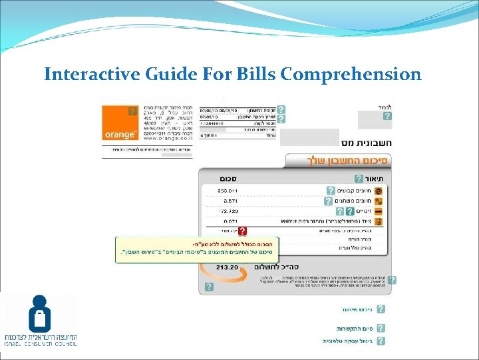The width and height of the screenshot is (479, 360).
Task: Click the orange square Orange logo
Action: pyautogui.click(x=120, y=123)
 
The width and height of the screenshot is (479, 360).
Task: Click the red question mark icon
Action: pyautogui.click(x=243, y=231)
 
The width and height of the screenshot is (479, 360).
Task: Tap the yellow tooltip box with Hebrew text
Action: pyautogui.click(x=197, y=249)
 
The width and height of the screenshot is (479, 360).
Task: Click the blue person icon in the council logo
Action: pyautogui.click(x=39, y=313)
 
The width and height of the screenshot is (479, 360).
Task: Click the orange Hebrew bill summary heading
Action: pyautogui.click(x=340, y=161)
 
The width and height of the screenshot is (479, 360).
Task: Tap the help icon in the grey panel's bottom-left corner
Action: pyautogui.click(x=209, y=287)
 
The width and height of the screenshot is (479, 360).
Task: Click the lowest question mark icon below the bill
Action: pyautogui.click(x=381, y=340)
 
